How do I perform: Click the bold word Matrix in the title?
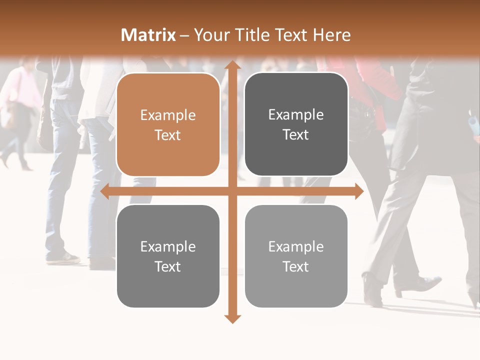pos(148,35)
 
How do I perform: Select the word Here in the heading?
pos(331,35)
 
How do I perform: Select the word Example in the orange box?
pos(168,115)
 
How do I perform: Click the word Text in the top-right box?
pos(296,135)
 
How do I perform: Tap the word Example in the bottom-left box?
pos(168,247)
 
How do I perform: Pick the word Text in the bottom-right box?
pos(296,266)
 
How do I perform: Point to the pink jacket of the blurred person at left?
pos(22,87)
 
